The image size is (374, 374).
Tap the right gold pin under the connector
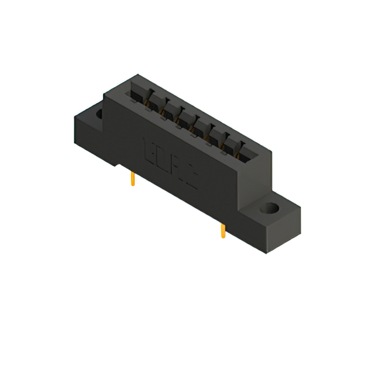[223, 231]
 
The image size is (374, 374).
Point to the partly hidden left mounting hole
[98, 113]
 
